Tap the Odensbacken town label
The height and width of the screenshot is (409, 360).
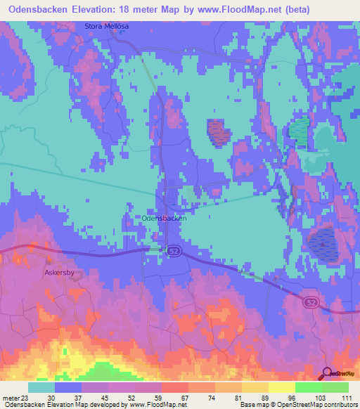click(164, 219)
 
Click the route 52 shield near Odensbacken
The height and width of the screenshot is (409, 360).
click(173, 251)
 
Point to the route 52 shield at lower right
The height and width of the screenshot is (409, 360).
click(311, 302)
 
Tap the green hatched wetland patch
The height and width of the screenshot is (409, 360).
click(299, 132)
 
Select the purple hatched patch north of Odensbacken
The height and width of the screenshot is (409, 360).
click(218, 131)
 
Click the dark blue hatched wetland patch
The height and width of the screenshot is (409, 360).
click(323, 242)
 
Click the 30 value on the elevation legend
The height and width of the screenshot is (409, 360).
click(50, 398)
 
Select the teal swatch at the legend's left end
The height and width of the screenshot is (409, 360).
click(41, 387)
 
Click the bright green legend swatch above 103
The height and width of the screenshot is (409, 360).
click(309, 387)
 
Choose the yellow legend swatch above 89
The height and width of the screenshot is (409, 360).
click(255, 387)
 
